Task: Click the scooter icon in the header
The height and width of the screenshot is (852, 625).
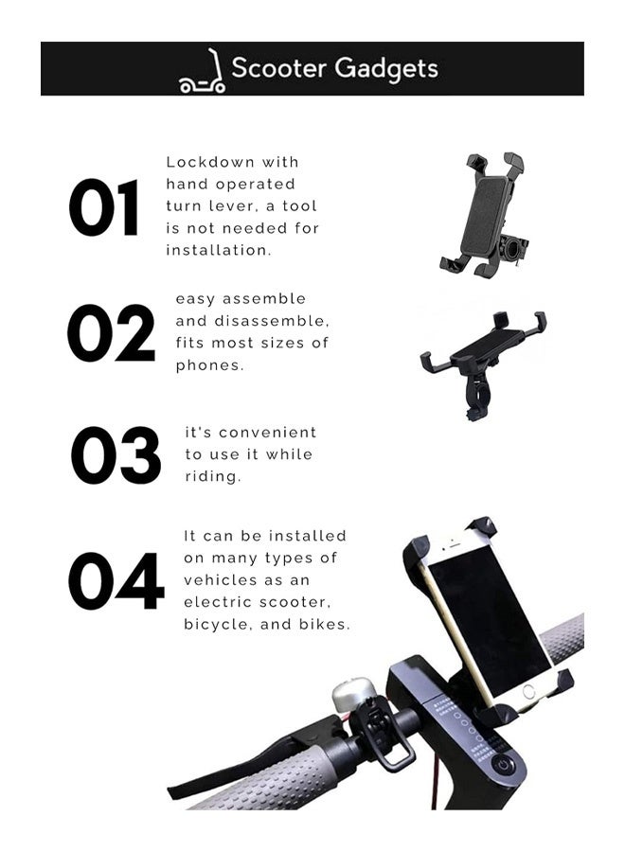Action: [x=202, y=71]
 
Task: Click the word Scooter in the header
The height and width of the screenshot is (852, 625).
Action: [x=277, y=68]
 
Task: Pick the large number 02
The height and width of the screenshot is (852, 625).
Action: [x=111, y=333]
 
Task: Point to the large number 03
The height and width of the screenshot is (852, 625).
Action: [x=116, y=455]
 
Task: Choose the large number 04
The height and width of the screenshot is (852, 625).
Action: [x=116, y=581]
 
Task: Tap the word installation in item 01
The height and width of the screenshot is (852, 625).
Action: [x=219, y=250]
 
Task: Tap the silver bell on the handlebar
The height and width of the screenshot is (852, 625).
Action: [x=348, y=697]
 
